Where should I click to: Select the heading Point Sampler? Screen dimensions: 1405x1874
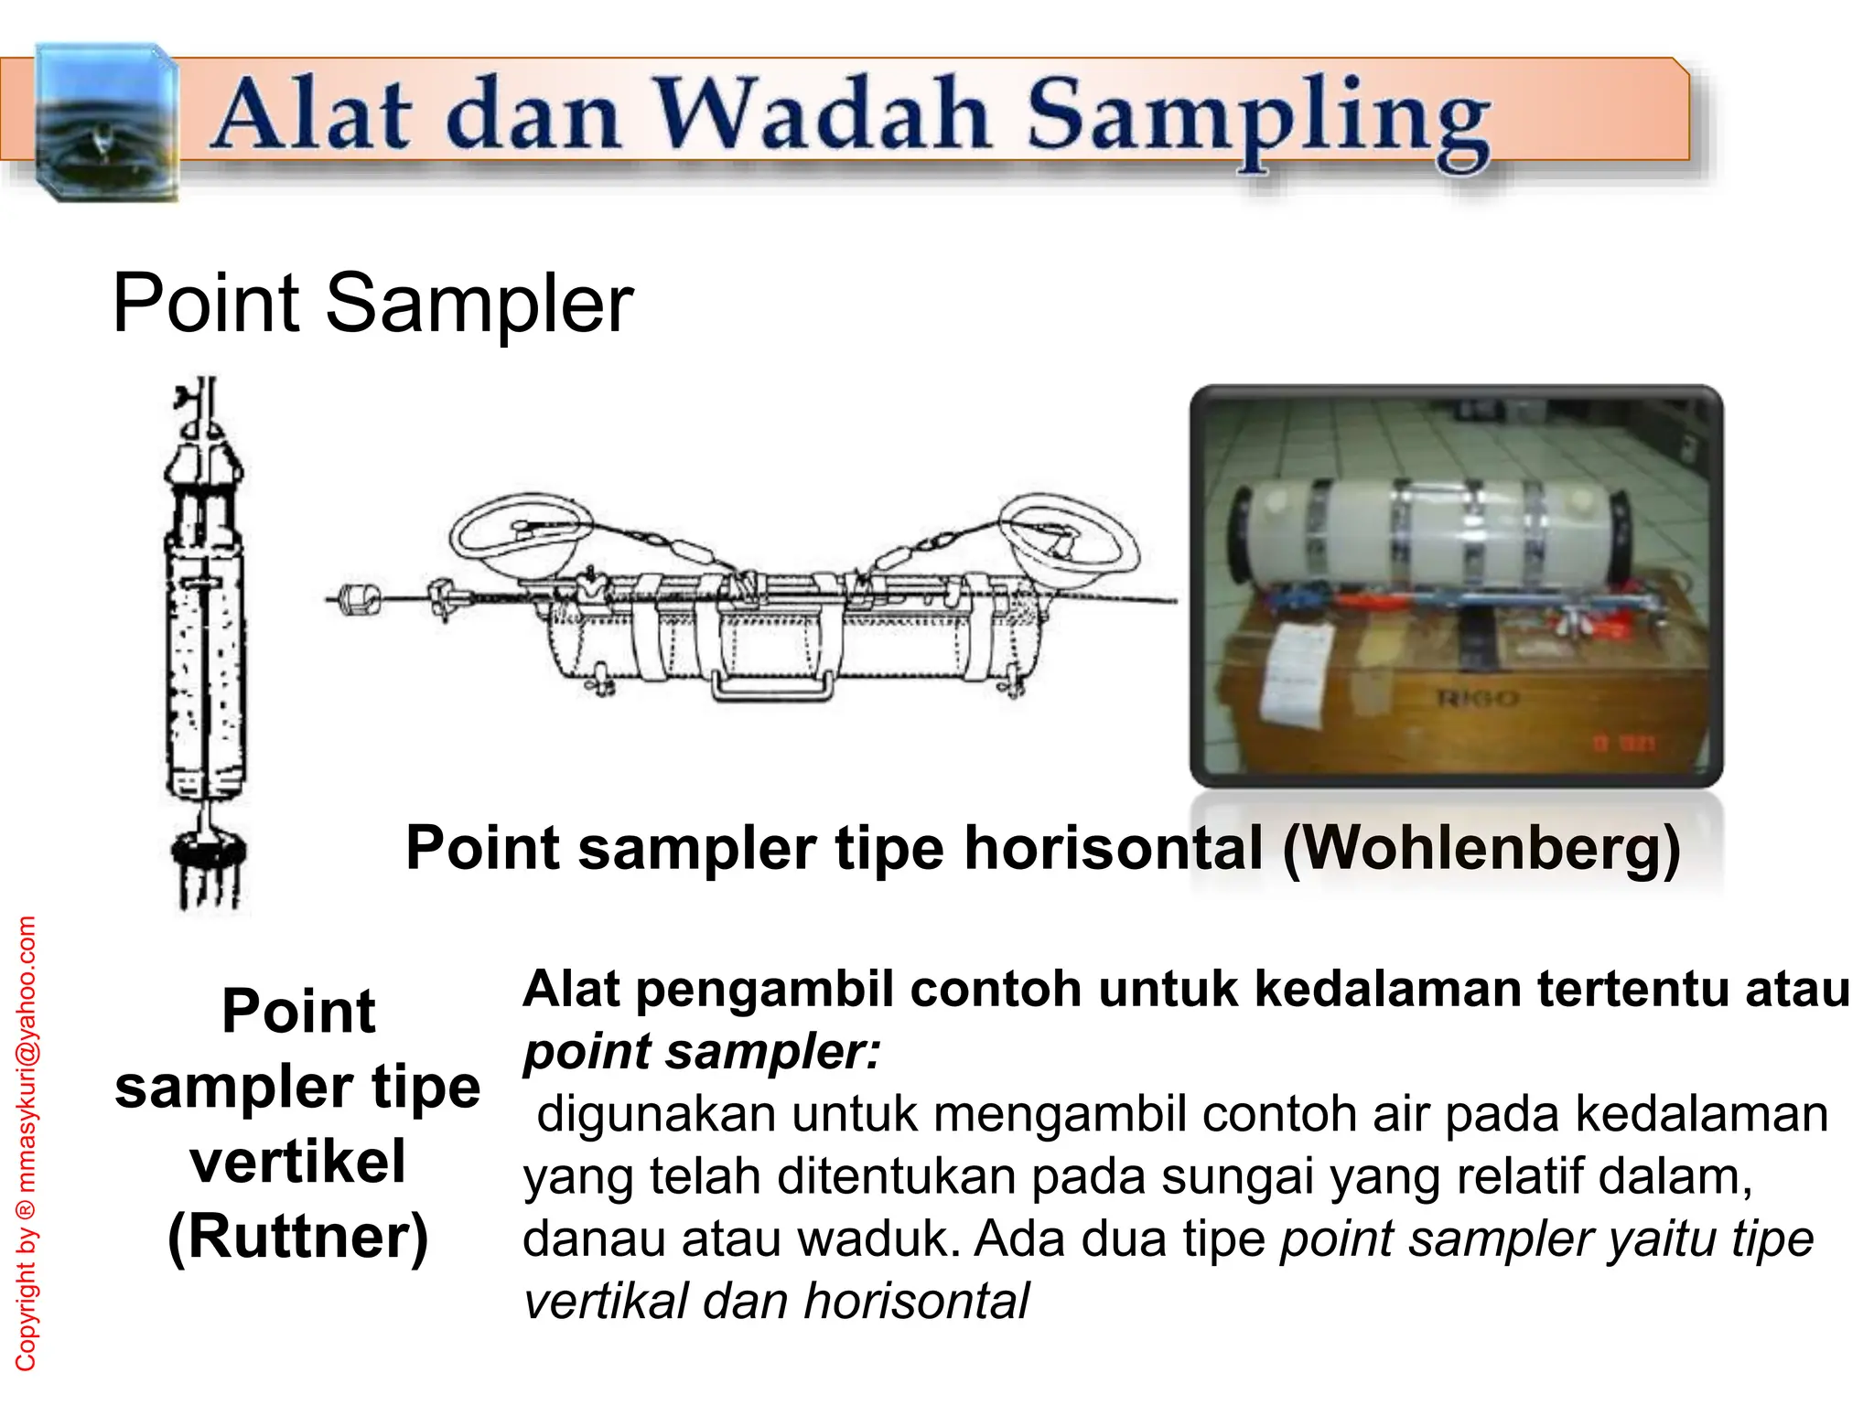pyautogui.click(x=372, y=303)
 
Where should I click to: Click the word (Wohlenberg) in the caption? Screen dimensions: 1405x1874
pyautogui.click(x=1481, y=848)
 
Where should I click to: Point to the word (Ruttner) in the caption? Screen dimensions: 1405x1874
pyautogui.click(x=298, y=1237)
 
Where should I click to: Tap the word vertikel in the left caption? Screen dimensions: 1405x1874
pyautogui.click(x=298, y=1162)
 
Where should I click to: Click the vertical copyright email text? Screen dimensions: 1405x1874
pyautogui.click(x=27, y=1143)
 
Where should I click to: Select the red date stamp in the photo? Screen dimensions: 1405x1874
pyautogui.click(x=1624, y=744)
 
